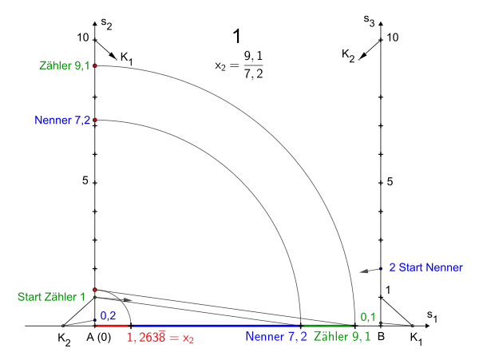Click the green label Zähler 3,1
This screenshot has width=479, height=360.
[64, 65]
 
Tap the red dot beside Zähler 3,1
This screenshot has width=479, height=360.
[95, 65]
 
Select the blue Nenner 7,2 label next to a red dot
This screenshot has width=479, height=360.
[61, 121]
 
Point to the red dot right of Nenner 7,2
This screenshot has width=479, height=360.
[95, 121]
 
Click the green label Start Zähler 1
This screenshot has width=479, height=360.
[50, 298]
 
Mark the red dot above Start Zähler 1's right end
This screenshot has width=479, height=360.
[95, 290]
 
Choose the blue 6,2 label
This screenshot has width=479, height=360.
[108, 316]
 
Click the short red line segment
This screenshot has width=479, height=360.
[111, 326]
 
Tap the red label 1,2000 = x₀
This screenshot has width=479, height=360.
[161, 338]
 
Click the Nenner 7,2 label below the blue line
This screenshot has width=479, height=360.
[275, 338]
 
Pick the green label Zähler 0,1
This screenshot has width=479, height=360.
[341, 338]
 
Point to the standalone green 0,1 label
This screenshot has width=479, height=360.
[366, 316]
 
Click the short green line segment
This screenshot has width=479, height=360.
[327, 326]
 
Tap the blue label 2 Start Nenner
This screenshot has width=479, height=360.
[426, 268]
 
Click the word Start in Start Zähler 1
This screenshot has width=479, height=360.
[30, 298]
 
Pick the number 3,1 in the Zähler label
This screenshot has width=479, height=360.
[81, 65]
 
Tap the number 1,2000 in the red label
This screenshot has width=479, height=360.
[148, 338]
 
